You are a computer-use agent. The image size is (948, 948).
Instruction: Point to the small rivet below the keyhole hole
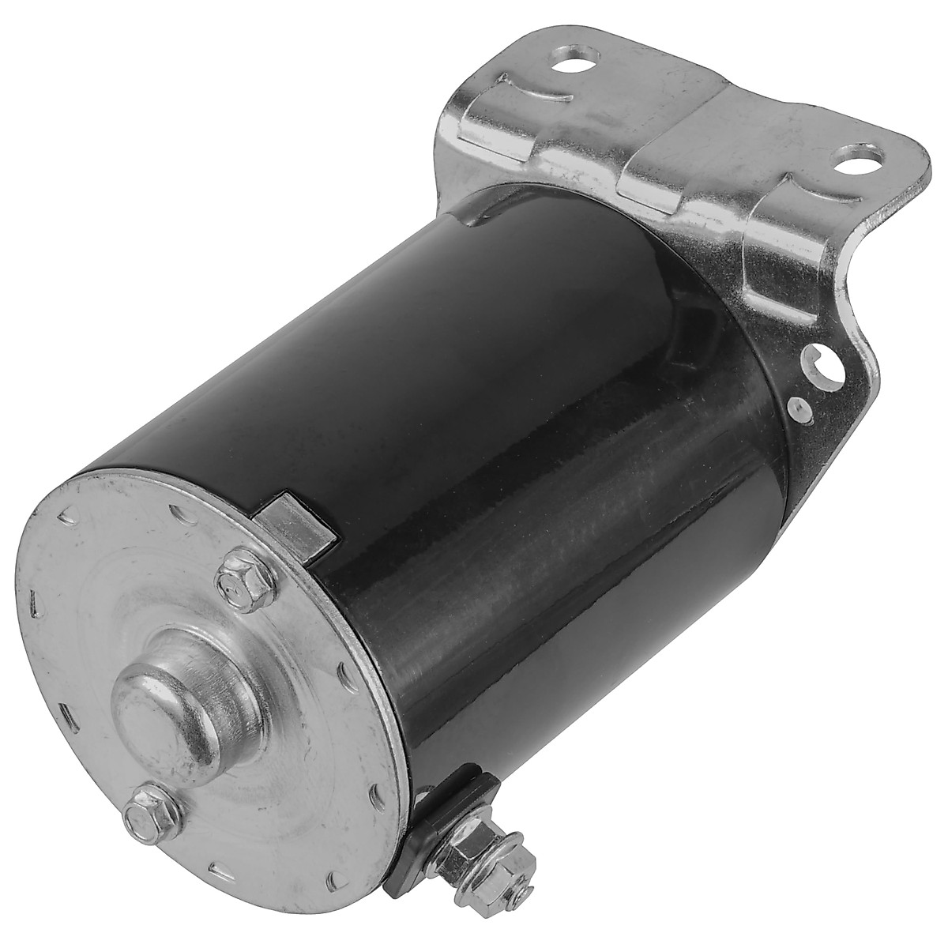[801, 408]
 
